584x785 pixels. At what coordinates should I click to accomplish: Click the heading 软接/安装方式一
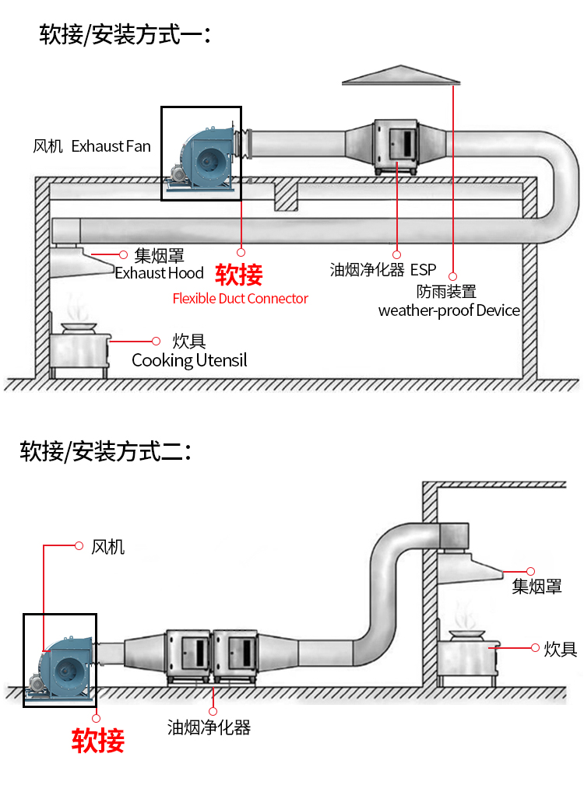pos(125,34)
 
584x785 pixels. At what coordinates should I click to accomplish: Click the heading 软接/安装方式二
pos(105,450)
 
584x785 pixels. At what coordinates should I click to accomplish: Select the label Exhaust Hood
pos(160,273)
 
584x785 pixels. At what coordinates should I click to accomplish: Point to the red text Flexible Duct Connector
pos(240,299)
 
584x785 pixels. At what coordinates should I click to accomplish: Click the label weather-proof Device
pos(449,310)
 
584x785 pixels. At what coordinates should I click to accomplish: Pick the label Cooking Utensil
pos(189,360)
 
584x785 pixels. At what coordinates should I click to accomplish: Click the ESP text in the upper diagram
pos(424,270)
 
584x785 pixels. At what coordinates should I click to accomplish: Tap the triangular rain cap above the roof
pos(401,75)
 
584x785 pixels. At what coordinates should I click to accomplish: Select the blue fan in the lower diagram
pos(66,661)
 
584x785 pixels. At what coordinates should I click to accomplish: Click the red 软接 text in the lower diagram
pos(98,740)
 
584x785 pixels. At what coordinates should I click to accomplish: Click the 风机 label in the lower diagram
pos(107,547)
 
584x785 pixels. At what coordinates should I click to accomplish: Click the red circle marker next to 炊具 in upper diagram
pos(156,341)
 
